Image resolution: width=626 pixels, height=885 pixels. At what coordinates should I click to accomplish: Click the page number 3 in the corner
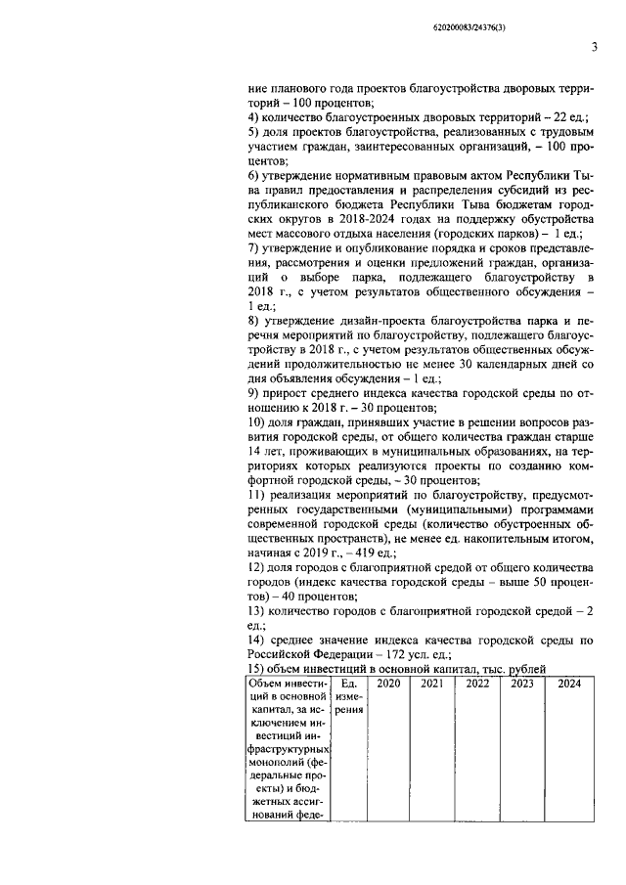click(593, 47)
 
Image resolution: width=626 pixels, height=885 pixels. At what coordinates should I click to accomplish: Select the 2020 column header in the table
click(388, 684)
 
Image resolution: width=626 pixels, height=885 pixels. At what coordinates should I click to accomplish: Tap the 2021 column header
click(432, 684)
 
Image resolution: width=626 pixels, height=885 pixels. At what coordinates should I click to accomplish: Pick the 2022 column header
click(477, 684)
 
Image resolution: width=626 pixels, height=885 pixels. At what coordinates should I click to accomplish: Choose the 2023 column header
click(521, 684)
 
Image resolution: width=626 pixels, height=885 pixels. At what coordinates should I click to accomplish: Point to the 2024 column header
click(568, 684)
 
